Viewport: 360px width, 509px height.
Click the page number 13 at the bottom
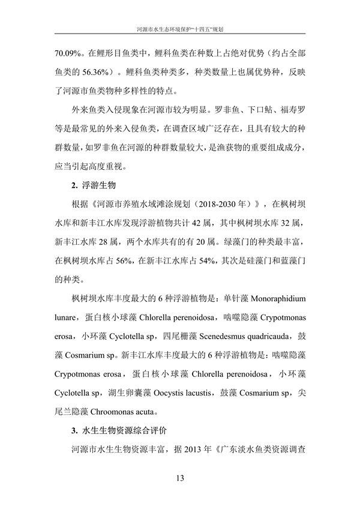pyautogui.click(x=180, y=478)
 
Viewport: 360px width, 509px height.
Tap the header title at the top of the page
pyautogui.click(x=180, y=28)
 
